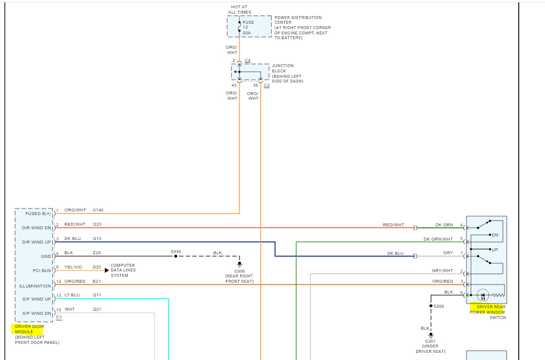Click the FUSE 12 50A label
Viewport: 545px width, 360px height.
[x=247, y=27]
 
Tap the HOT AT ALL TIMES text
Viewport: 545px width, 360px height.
[x=240, y=10]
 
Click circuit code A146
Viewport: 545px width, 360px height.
[x=98, y=210]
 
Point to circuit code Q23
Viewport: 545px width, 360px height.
[x=97, y=225]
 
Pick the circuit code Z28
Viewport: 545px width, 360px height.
[x=97, y=253]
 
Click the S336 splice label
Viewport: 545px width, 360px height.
[x=176, y=252]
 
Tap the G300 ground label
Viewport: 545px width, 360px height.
[x=240, y=271]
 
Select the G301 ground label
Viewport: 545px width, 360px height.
[x=431, y=341]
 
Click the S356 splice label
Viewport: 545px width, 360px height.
[x=439, y=306]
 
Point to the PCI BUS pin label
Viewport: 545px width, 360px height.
[x=42, y=271]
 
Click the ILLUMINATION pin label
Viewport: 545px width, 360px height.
[x=36, y=286]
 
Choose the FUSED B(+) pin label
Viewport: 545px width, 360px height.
[x=38, y=213]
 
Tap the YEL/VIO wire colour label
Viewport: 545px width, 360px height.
[x=74, y=267]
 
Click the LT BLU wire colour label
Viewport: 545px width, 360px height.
[x=72, y=295]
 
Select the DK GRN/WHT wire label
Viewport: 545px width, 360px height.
[x=438, y=239]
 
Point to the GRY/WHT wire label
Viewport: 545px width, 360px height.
[x=442, y=270]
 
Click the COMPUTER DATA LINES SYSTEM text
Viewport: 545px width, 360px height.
[x=122, y=270]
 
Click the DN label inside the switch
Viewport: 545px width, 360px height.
[x=494, y=235]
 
